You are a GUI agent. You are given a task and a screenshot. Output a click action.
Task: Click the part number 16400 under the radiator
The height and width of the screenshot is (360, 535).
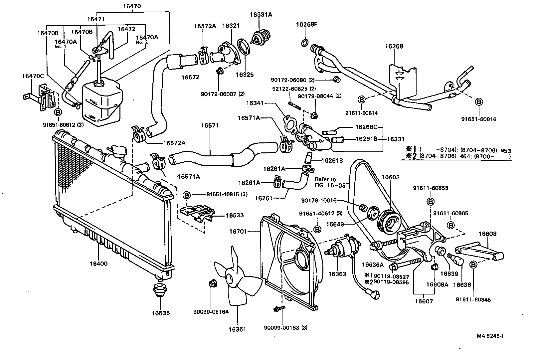coord(98,264)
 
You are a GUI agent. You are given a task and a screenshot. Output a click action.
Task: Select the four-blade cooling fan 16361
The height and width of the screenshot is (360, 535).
coord(237,279)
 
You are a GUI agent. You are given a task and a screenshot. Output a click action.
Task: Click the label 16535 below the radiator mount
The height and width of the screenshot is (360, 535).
coord(161,313)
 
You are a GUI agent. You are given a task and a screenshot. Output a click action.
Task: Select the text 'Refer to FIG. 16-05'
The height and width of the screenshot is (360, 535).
coord(325,182)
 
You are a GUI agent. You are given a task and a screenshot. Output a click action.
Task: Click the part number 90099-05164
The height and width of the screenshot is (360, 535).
coord(211,312)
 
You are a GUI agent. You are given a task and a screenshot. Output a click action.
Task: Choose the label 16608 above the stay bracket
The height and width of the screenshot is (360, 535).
coord(487,234)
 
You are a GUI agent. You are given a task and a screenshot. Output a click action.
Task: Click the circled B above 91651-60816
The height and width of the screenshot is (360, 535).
coord(479,101)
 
